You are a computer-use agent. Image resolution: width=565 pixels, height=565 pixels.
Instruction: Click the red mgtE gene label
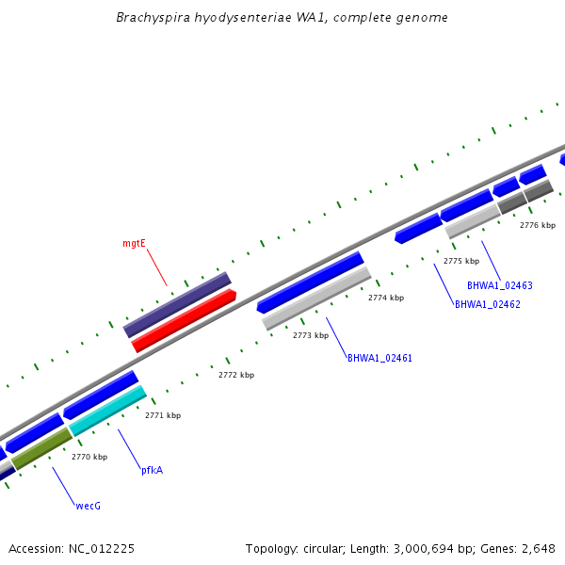(x=134, y=243)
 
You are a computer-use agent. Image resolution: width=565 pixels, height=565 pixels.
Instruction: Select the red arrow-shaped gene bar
(x=184, y=321)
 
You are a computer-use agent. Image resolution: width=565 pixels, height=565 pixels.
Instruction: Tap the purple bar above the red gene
(x=177, y=304)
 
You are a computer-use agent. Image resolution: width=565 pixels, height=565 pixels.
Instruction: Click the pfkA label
(x=152, y=470)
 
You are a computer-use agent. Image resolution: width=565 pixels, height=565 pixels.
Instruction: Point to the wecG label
(x=88, y=506)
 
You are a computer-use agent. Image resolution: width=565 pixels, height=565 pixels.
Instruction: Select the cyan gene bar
(x=107, y=411)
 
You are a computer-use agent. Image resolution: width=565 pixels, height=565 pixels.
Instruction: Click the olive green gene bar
(x=41, y=449)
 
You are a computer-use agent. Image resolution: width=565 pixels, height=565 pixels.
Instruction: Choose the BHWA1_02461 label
(x=379, y=358)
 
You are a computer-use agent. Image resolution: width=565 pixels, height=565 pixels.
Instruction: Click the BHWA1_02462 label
(x=487, y=304)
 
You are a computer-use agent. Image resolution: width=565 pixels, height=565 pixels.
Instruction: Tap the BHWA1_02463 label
(x=499, y=285)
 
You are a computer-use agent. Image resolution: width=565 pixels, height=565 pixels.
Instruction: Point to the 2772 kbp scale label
(x=236, y=375)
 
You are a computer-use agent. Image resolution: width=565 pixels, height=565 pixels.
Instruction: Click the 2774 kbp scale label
(x=386, y=298)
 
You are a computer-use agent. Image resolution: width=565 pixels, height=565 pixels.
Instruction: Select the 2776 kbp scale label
(x=538, y=225)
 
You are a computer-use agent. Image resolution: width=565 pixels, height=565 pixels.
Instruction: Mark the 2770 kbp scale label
(x=89, y=457)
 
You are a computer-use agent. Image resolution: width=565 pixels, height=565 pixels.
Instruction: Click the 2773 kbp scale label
(x=311, y=335)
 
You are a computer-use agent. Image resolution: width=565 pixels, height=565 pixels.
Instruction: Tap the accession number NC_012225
(x=99, y=548)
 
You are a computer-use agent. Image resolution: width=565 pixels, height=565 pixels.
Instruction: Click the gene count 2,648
(x=536, y=548)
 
